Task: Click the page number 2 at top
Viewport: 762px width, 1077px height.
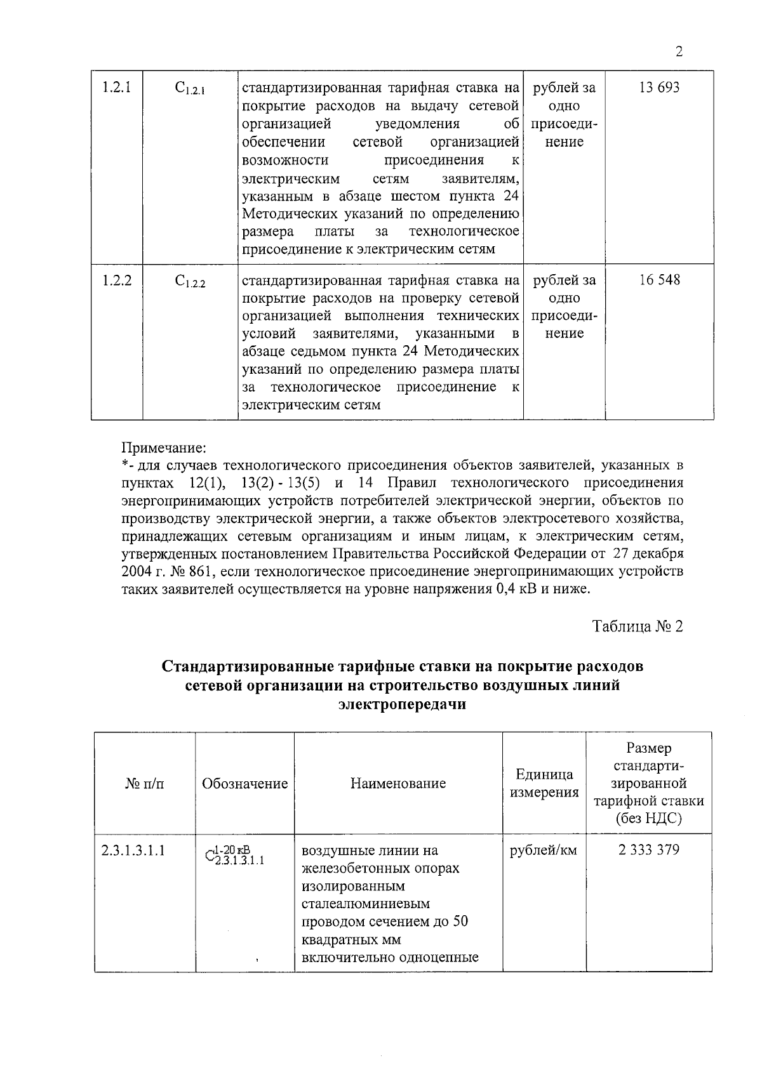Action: [679, 52]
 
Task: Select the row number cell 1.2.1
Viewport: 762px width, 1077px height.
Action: [116, 88]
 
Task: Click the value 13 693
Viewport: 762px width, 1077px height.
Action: [658, 88]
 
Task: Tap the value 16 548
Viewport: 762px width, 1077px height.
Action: [658, 280]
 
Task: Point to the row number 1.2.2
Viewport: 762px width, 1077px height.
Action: [116, 280]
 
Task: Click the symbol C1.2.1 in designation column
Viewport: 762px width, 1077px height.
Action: [189, 89]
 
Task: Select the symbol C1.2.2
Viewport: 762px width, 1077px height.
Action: [189, 282]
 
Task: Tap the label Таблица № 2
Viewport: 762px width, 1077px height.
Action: [638, 627]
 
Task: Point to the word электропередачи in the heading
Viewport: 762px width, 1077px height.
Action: [403, 704]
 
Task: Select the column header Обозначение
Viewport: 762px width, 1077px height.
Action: [244, 783]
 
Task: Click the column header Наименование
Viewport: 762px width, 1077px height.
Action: [398, 783]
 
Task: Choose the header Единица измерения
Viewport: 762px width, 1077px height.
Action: [544, 783]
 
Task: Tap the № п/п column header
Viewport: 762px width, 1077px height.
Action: [145, 783]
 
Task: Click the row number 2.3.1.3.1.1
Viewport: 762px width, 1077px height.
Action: [133, 850]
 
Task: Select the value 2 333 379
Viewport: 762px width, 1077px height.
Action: [648, 850]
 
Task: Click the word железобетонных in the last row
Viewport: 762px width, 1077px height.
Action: [380, 868]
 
